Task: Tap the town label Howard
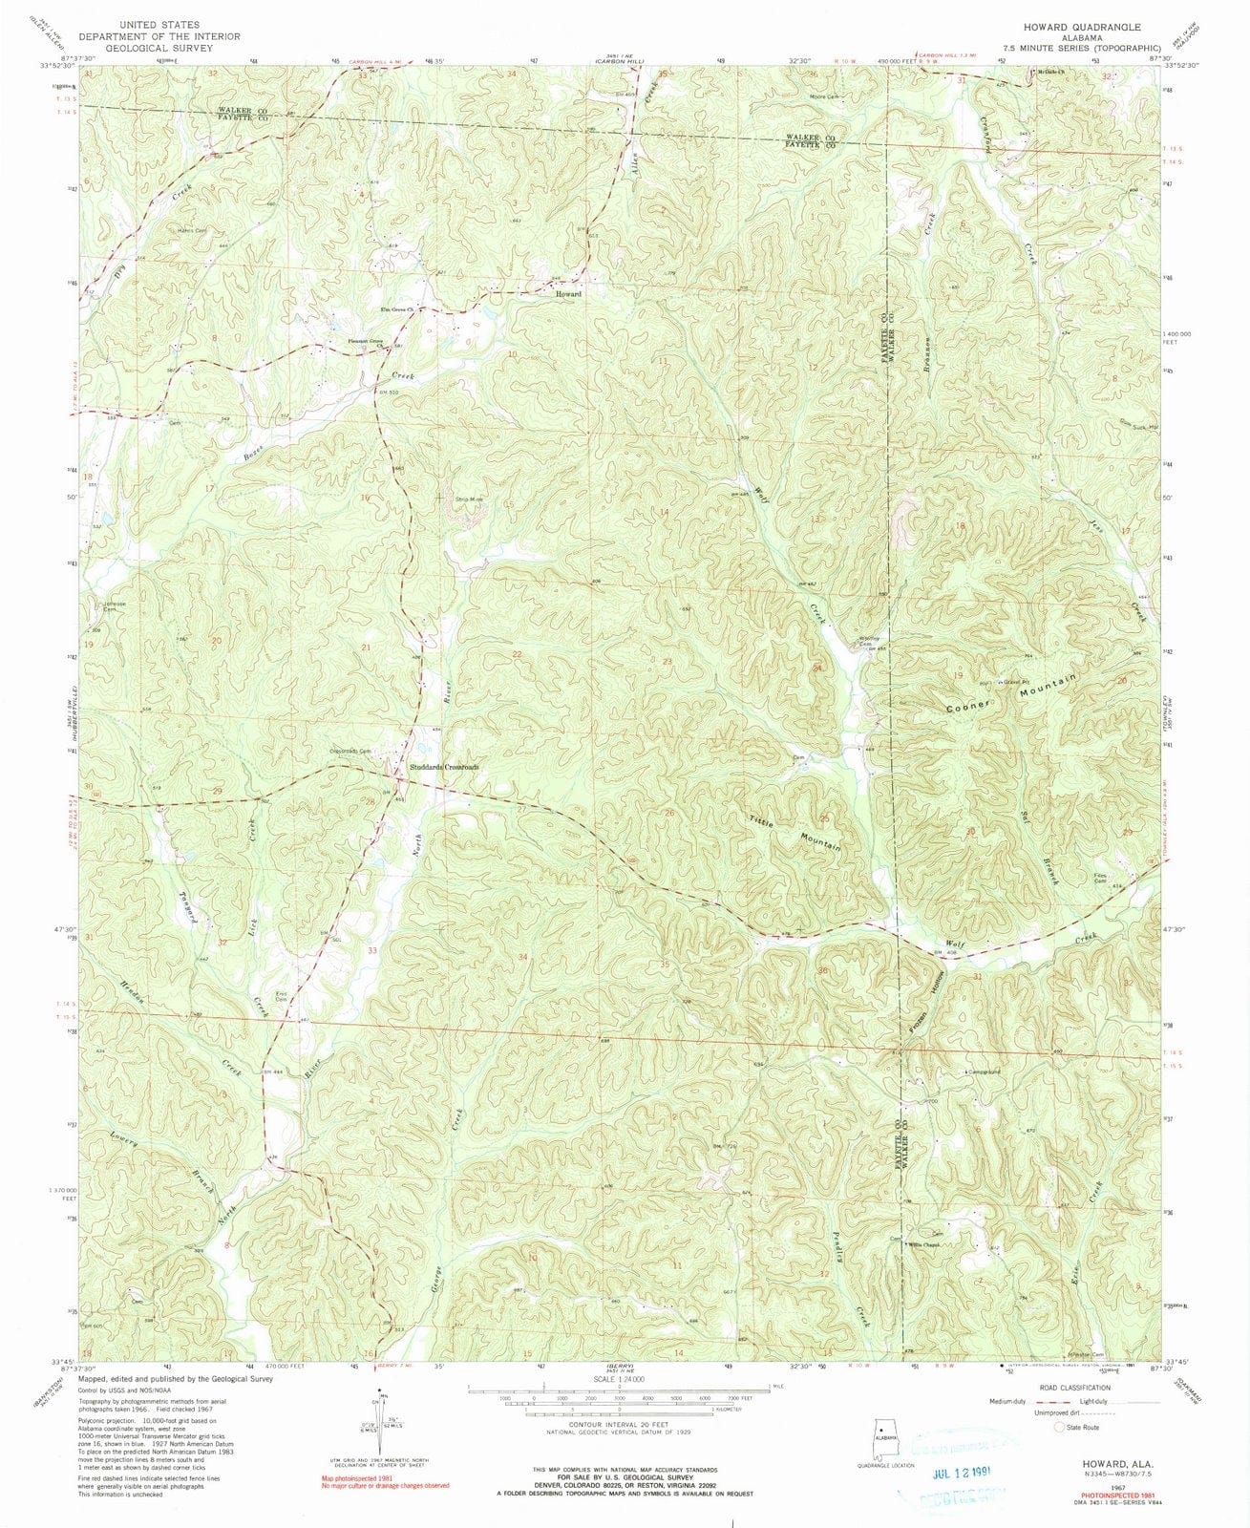coord(568,295)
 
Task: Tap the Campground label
coord(985,1071)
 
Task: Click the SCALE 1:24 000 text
coord(619,1379)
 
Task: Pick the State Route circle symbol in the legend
coord(1059,1427)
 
